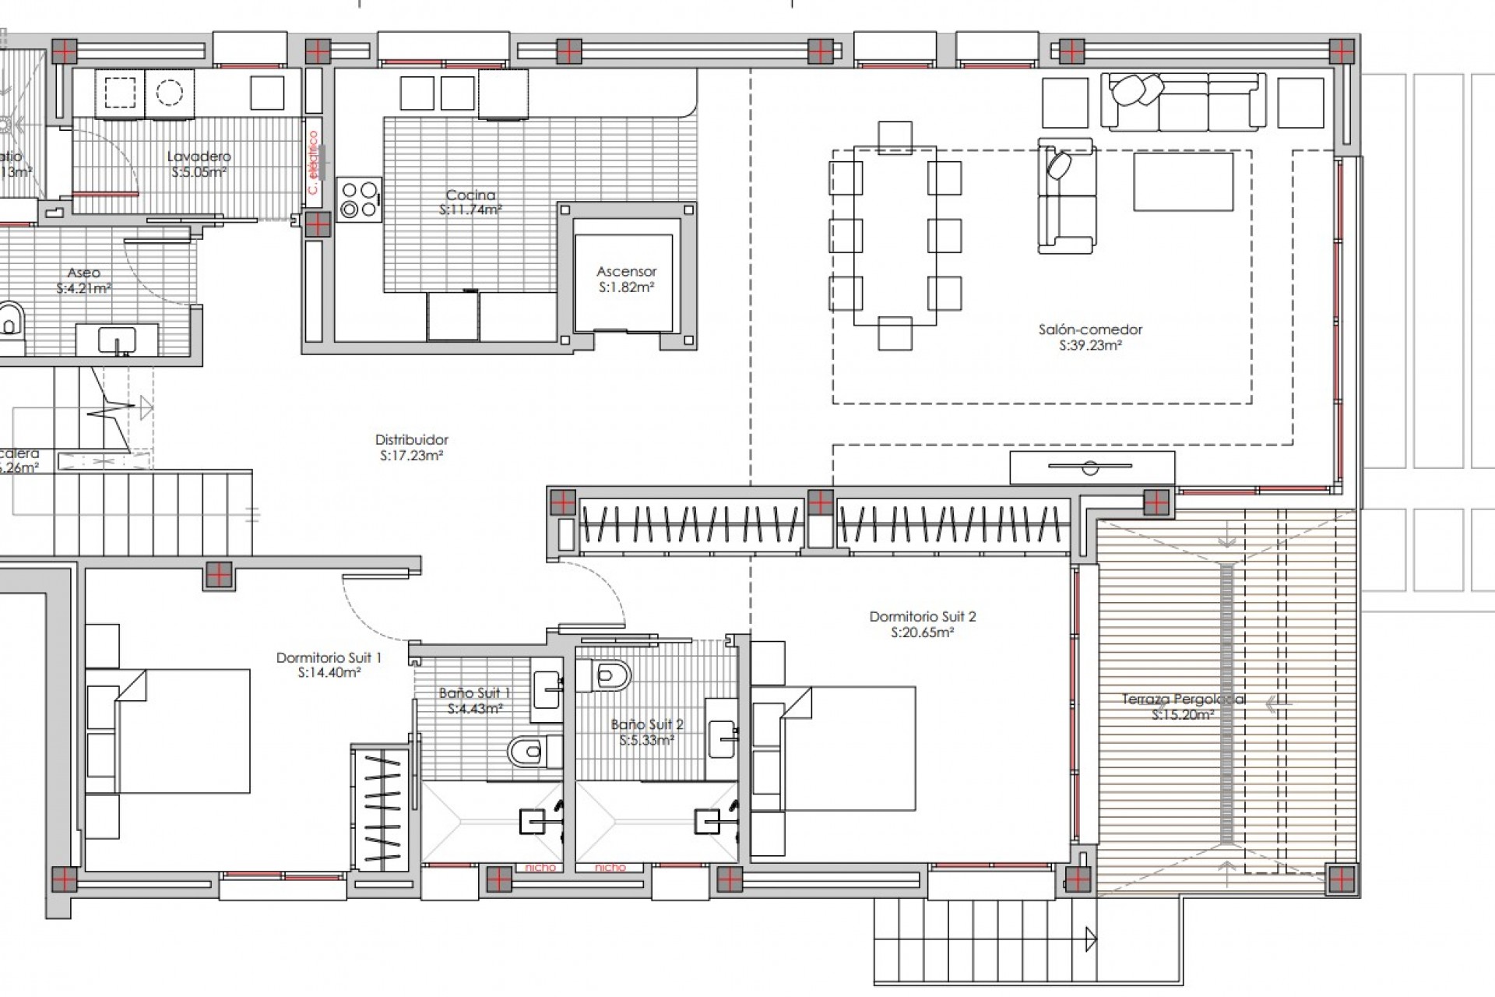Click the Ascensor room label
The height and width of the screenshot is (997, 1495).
click(x=626, y=272)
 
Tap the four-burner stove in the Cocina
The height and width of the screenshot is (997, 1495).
click(x=359, y=199)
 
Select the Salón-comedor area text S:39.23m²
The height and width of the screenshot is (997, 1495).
click(x=1090, y=346)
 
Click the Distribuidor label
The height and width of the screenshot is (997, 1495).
click(x=411, y=440)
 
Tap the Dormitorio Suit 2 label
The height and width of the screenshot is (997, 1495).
click(x=922, y=617)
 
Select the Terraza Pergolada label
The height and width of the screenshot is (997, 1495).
click(x=1183, y=699)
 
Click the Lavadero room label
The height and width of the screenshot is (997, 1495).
click(x=199, y=157)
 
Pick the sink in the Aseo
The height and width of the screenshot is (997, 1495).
click(x=117, y=340)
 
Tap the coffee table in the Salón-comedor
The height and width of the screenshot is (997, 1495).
click(x=1183, y=181)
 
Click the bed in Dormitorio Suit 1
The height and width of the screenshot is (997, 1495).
click(x=183, y=731)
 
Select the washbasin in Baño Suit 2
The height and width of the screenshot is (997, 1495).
click(x=722, y=731)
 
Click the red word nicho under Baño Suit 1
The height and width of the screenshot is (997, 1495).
click(x=540, y=867)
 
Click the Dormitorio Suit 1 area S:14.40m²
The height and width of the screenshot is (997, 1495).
click(x=329, y=674)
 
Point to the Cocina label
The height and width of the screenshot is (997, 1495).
click(x=470, y=196)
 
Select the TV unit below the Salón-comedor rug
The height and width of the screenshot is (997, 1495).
click(x=1092, y=467)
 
